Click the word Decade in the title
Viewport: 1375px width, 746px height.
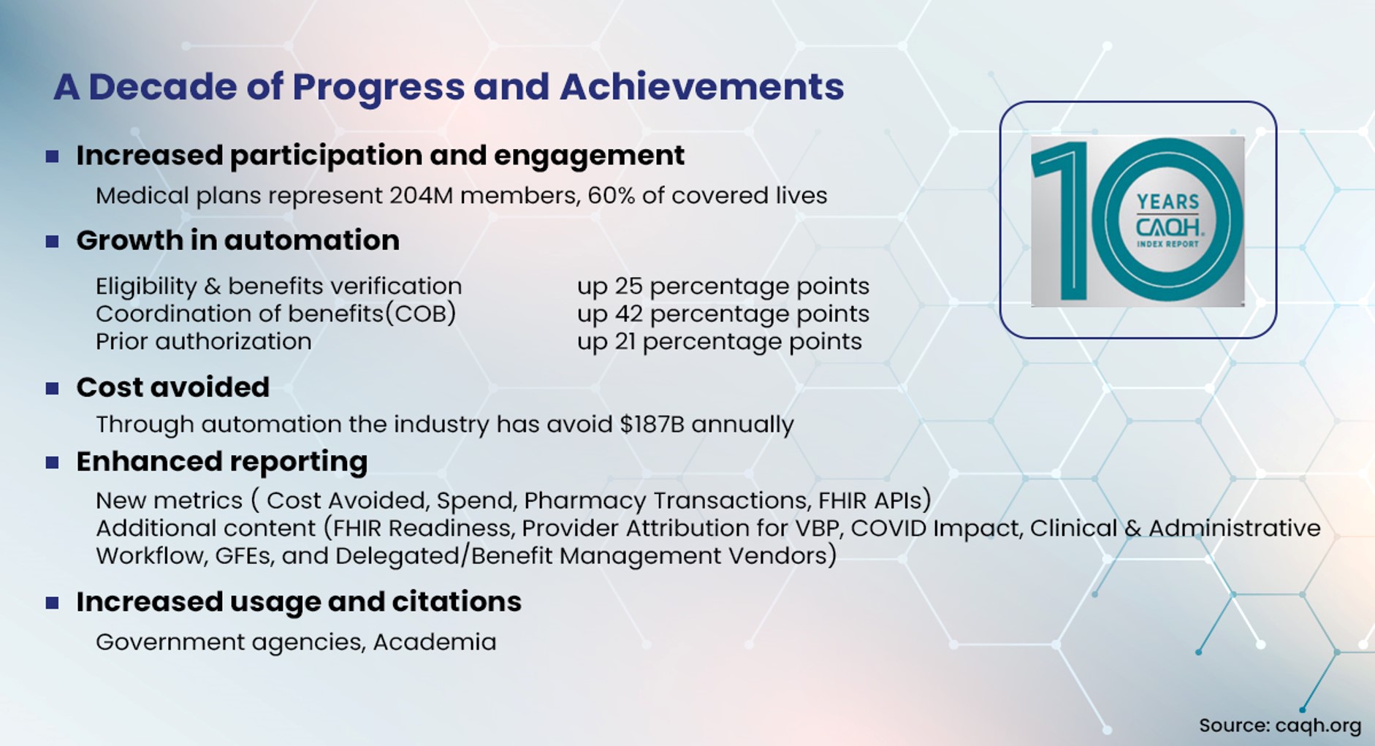pyautogui.click(x=162, y=87)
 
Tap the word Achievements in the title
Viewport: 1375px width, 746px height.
pyautogui.click(x=701, y=87)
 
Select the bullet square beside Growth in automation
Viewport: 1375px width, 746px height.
pyautogui.click(x=52, y=241)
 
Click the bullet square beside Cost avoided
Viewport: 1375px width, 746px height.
pyautogui.click(x=52, y=388)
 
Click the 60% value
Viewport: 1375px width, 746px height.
pyautogui.click(x=611, y=196)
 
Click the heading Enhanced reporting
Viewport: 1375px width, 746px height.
pyautogui.click(x=222, y=462)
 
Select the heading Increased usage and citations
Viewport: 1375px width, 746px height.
pyautogui.click(x=299, y=602)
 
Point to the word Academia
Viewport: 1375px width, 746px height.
pyautogui.click(x=435, y=642)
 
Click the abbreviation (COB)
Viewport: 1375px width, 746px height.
pyautogui.click(x=420, y=314)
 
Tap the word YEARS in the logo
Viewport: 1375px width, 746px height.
pyautogui.click(x=1168, y=202)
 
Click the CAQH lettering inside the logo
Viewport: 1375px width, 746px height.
pyautogui.click(x=1168, y=226)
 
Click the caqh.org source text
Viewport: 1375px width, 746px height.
pyautogui.click(x=1318, y=726)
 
